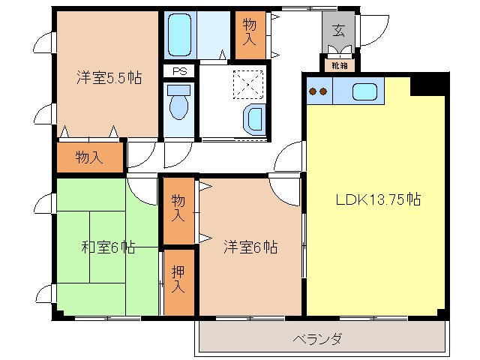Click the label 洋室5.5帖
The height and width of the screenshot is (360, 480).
pos(109,77)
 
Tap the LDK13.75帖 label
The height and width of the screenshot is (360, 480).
pos(376,200)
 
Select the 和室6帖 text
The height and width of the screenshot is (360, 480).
pos(108,247)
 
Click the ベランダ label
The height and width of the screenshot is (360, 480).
pos(317,339)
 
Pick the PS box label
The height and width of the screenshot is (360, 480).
pos(179,71)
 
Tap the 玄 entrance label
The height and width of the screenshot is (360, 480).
pos(339,31)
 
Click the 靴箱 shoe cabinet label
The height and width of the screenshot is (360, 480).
pos(339,65)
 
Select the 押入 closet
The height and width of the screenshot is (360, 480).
pos(178,279)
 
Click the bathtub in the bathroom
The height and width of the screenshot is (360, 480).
pos(179,34)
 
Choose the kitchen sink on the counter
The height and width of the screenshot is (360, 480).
pos(365,92)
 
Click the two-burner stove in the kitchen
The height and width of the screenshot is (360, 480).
pos(319,92)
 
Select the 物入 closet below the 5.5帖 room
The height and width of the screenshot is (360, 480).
pos(89,157)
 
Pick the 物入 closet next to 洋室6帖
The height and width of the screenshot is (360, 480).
pos(178,209)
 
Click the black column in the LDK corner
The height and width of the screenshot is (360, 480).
pos(429,83)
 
